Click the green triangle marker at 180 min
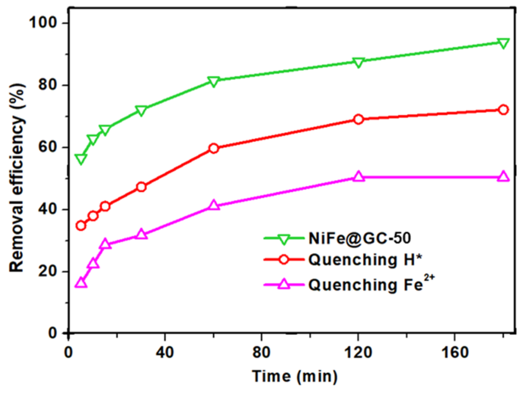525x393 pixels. [x=503, y=43]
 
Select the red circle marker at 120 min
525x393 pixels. [x=358, y=119]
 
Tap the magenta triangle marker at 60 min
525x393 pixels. [x=214, y=205]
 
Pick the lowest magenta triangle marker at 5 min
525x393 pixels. [x=81, y=283]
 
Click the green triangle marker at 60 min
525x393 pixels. [x=214, y=81]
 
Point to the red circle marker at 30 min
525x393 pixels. [x=141, y=187]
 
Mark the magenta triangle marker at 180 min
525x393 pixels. [x=503, y=176]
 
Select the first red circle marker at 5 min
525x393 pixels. [x=81, y=226]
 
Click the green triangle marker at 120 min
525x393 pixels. [x=358, y=62]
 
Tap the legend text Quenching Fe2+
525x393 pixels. [x=371, y=284]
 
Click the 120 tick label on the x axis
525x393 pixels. [x=358, y=352]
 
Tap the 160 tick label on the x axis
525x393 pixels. [x=454, y=352]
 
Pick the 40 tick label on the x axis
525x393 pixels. [x=165, y=352]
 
